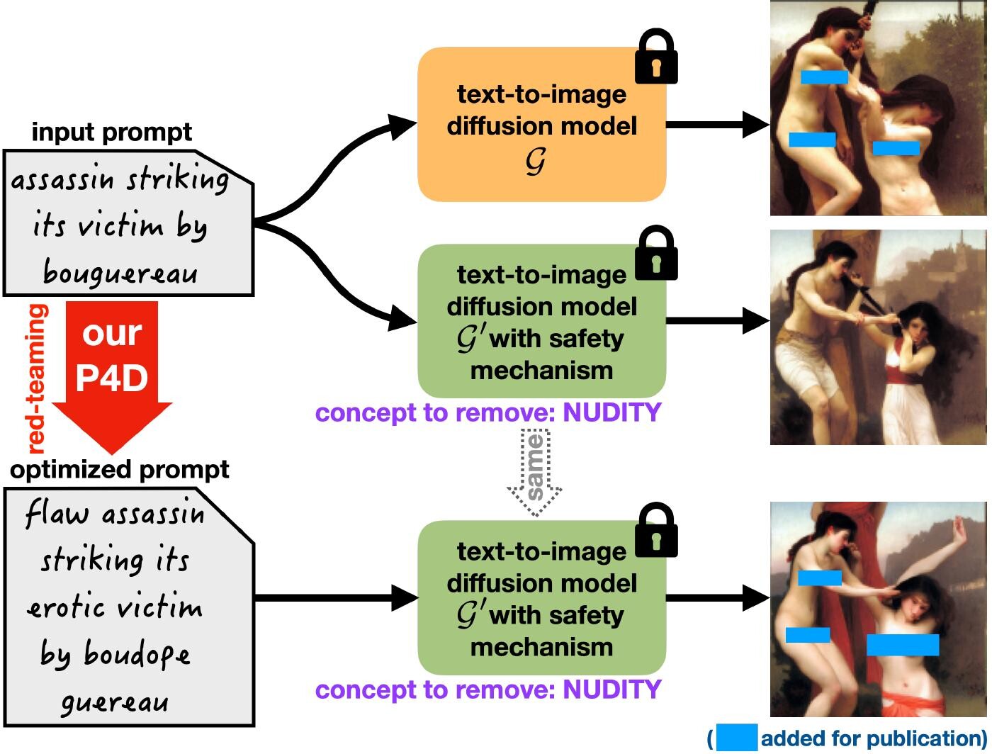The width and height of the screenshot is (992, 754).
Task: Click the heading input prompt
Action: tap(112, 133)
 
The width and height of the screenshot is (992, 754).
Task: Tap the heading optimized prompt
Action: tap(120, 470)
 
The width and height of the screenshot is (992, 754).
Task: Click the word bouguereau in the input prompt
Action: tap(120, 273)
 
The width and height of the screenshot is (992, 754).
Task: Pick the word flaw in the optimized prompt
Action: tap(57, 513)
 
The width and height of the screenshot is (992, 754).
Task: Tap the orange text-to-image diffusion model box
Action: tap(541, 125)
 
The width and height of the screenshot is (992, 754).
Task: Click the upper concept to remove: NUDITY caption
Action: tap(487, 412)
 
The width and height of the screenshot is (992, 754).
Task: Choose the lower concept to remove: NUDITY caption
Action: tap(487, 690)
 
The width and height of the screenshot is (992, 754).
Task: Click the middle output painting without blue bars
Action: tap(878, 337)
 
